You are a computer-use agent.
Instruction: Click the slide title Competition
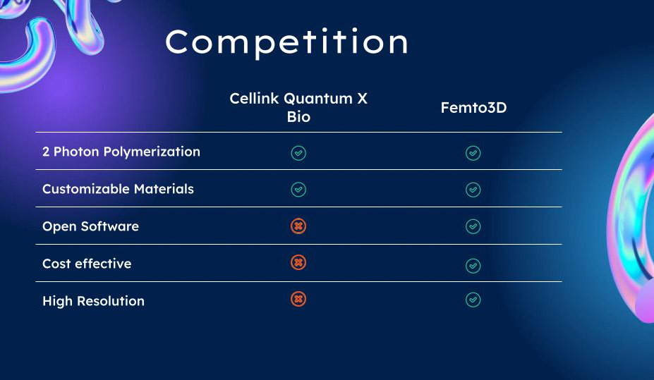pyautogui.click(x=286, y=42)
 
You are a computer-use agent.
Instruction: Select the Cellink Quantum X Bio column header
pyautogui.click(x=298, y=107)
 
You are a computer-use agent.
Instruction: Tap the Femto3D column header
pyautogui.click(x=473, y=107)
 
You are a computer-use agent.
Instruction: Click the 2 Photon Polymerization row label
pyautogui.click(x=121, y=152)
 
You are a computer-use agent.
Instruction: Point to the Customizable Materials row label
pyautogui.click(x=118, y=189)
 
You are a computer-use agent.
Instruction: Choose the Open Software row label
pyautogui.click(x=90, y=226)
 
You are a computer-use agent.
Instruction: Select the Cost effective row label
pyautogui.click(x=87, y=264)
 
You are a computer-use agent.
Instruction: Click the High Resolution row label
pyautogui.click(x=93, y=301)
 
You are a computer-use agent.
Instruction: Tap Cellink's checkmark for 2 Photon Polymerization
pyautogui.click(x=298, y=153)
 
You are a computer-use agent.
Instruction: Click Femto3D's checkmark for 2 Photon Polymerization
pyautogui.click(x=473, y=153)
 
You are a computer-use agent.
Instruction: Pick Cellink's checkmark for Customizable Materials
pyautogui.click(x=298, y=190)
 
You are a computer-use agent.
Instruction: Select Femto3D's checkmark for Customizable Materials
pyautogui.click(x=473, y=190)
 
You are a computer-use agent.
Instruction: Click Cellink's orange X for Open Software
pyautogui.click(x=298, y=226)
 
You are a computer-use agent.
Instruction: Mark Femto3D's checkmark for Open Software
pyautogui.click(x=473, y=226)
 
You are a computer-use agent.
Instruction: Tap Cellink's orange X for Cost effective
pyautogui.click(x=298, y=262)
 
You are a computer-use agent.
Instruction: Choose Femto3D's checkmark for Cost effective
pyautogui.click(x=473, y=265)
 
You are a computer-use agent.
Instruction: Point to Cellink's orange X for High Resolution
pyautogui.click(x=298, y=299)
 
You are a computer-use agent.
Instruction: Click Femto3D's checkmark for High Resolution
pyautogui.click(x=473, y=300)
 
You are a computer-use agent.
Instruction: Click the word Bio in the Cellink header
pyautogui.click(x=298, y=116)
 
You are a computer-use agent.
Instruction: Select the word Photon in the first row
pyautogui.click(x=77, y=152)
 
